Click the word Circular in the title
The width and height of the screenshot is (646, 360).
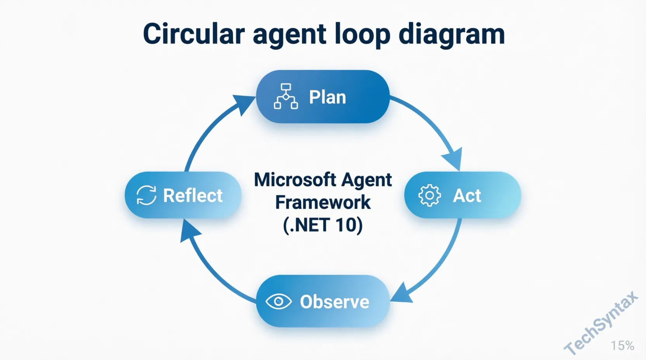click(194, 34)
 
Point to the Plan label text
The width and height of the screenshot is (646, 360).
click(327, 97)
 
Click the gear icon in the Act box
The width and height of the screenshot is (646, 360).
click(429, 195)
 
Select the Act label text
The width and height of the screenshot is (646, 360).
click(467, 196)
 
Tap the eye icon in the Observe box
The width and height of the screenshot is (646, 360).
click(278, 301)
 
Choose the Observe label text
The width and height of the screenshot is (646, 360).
click(334, 302)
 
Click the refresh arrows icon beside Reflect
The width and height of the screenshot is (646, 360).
click(146, 195)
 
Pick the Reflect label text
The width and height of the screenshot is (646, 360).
click(193, 196)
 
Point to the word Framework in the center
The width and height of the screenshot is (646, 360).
click(323, 202)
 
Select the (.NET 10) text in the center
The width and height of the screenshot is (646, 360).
click(323, 225)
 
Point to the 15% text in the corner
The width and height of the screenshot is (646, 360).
click(622, 345)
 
